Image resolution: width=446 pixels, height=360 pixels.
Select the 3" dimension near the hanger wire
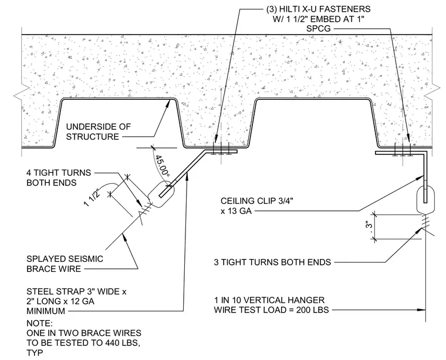point(369,226)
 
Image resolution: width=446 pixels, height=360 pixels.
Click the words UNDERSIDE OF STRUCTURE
point(99,132)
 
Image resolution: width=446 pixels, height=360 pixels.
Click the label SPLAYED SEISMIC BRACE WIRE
point(65,264)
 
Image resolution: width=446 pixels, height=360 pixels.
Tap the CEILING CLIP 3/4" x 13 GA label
point(257,206)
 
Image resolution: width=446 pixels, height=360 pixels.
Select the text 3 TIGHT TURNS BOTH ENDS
point(272,262)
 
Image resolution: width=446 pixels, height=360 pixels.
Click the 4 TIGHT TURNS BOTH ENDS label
point(59,177)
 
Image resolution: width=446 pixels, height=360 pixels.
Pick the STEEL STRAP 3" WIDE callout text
point(76,292)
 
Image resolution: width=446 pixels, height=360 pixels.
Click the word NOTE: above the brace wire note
point(39,323)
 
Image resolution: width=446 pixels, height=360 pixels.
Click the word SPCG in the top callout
point(319,29)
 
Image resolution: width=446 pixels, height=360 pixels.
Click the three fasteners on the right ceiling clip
point(402,150)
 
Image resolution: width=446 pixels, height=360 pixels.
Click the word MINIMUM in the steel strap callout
point(46,311)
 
